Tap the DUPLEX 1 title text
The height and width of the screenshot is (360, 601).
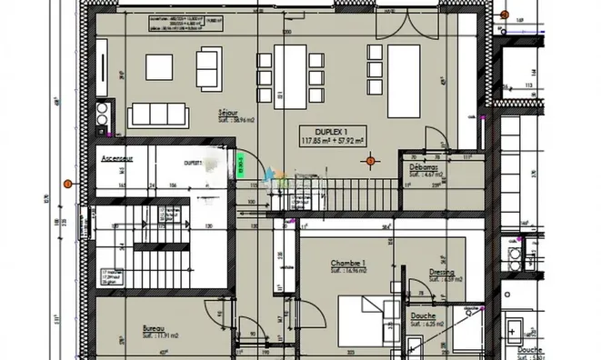coord(331,133)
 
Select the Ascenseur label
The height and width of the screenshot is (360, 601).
coord(118,157)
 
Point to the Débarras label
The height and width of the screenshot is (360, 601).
coord(423,167)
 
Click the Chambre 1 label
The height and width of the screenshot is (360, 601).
coord(348,264)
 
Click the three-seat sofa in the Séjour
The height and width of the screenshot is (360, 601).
coord(158,114)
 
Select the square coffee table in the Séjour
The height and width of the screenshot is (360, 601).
coord(159,66)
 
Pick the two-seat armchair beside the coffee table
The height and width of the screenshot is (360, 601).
coord(208,65)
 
